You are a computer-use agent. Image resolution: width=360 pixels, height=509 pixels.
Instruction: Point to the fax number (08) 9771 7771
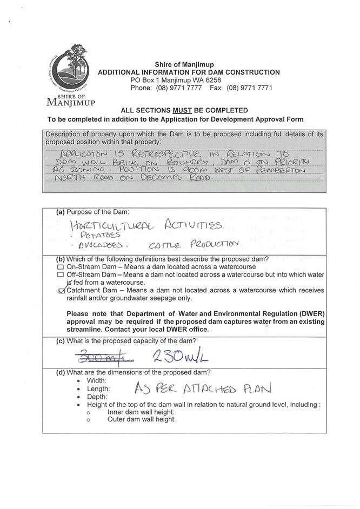point(249,88)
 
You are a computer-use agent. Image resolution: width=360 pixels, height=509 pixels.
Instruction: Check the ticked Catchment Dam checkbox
point(61,291)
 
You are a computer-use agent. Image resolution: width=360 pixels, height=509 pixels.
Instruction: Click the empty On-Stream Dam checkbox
point(60,267)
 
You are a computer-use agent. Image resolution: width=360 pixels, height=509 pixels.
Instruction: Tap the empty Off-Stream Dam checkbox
point(60,275)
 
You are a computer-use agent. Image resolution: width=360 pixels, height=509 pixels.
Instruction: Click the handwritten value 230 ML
point(174,356)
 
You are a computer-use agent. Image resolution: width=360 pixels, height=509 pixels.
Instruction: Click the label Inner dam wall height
point(141,412)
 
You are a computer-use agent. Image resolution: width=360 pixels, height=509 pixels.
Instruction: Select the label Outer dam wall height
point(142,419)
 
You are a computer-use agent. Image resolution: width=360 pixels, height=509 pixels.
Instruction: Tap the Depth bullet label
point(97,397)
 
